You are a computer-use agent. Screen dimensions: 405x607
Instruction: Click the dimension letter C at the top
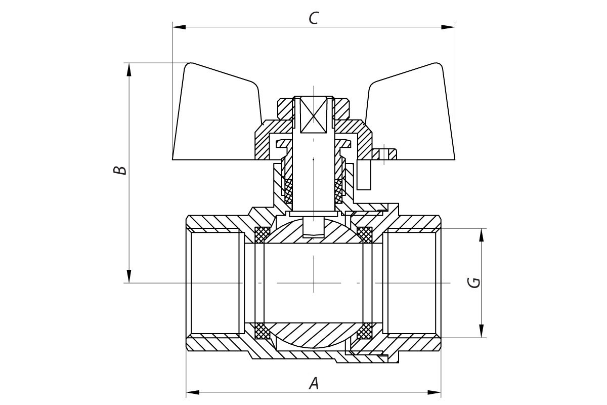(x=314, y=18)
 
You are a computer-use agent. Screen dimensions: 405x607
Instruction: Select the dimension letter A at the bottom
(x=314, y=384)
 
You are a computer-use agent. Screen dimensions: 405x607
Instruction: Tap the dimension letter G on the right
(x=474, y=282)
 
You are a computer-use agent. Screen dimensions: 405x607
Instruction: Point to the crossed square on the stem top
(x=314, y=114)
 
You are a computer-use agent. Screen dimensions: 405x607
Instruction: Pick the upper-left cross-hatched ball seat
(x=262, y=234)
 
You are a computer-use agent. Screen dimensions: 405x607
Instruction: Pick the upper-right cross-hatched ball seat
(x=365, y=234)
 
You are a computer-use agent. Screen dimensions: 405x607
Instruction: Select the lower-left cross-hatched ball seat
(x=262, y=331)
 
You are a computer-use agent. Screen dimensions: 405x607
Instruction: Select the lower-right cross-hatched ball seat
(x=365, y=331)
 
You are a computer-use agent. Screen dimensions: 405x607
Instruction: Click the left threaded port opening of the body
(x=215, y=282)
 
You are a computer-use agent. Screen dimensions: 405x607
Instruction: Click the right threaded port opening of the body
(x=411, y=282)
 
